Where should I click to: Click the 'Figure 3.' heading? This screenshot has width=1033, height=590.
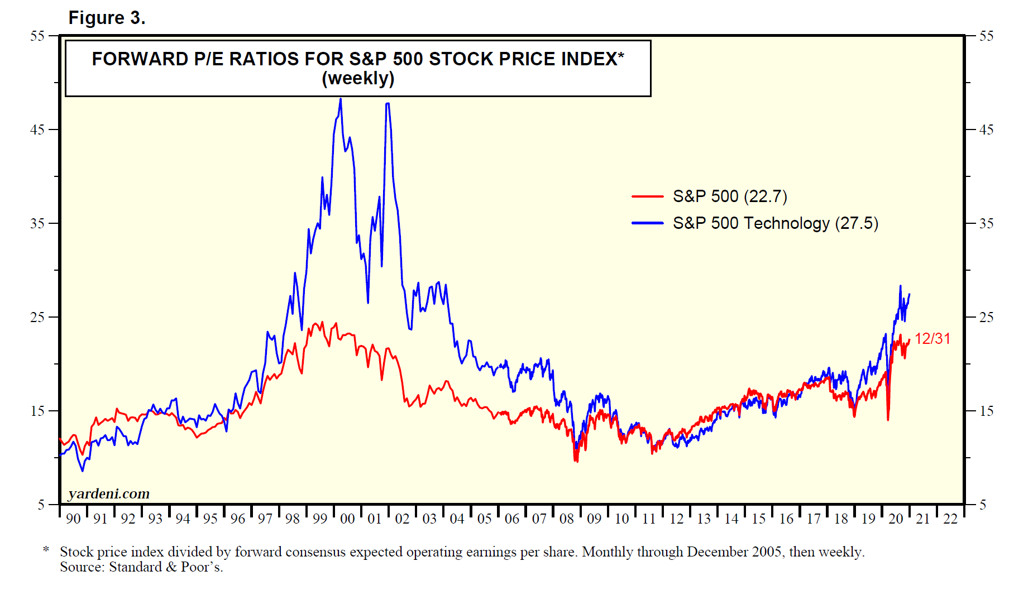point(107,18)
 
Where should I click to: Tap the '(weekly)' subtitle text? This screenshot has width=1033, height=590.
point(358,79)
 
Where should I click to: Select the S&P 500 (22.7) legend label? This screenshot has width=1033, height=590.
point(730,196)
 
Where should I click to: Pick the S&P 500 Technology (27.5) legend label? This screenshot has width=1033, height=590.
point(775,223)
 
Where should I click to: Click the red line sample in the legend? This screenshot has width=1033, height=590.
point(647,196)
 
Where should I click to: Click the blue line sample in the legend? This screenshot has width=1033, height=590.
point(647,223)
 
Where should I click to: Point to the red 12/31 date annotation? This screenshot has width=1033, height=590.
point(932,339)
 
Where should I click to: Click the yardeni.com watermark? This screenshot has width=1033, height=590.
point(109,494)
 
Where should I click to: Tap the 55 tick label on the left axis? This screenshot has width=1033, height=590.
point(37,36)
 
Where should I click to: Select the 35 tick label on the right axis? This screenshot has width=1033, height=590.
point(986,224)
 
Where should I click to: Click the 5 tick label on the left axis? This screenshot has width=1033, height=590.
point(41,505)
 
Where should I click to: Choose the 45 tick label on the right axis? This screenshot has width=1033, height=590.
point(986,130)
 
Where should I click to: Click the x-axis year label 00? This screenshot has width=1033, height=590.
point(347,519)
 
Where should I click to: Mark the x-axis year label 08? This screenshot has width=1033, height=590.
point(567,519)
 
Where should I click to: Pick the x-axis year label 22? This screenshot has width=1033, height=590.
point(950,519)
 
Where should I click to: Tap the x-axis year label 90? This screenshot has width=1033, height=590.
point(73,519)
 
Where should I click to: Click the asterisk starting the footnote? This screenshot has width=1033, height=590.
point(46,550)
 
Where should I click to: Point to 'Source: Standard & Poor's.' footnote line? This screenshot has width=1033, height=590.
point(141,567)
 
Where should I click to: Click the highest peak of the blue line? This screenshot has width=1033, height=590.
point(341,99)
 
